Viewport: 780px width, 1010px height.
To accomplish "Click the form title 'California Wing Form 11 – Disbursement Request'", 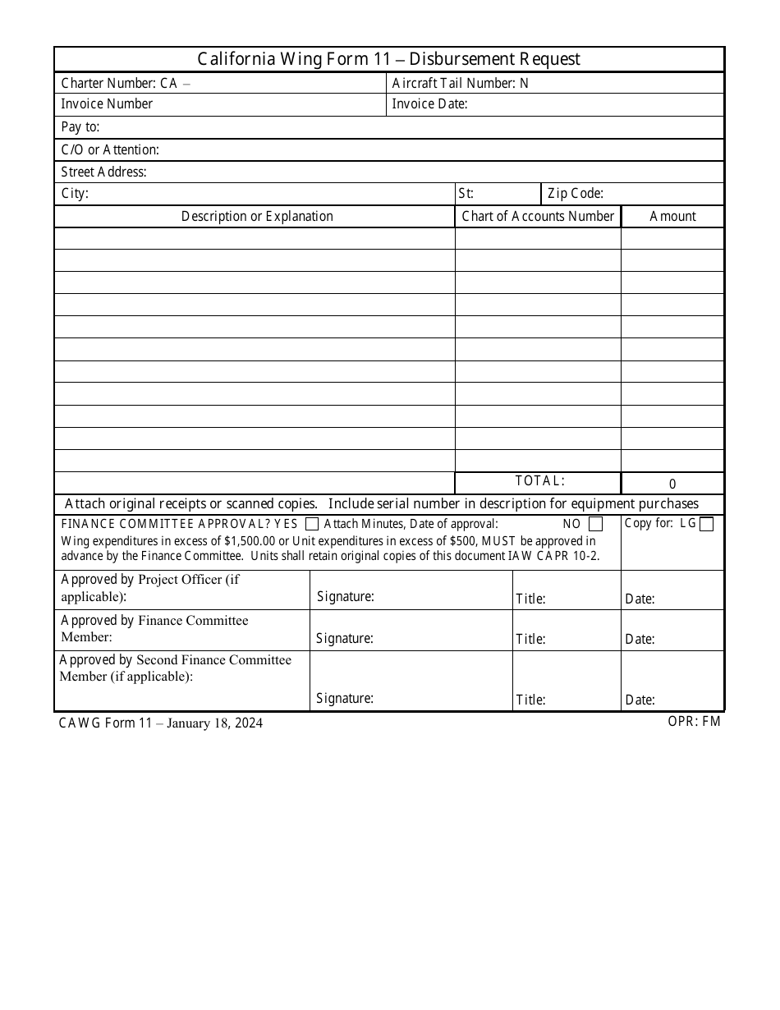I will (389, 59).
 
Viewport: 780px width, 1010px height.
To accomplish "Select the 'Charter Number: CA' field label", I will (119, 83).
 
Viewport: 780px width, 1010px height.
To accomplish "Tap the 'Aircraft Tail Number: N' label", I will (461, 83).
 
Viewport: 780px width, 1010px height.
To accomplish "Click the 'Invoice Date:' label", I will (429, 104).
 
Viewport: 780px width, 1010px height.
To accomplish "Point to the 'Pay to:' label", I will (80, 127).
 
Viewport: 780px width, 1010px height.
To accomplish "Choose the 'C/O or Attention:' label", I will (110, 149).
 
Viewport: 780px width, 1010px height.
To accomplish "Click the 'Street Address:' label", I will (103, 172).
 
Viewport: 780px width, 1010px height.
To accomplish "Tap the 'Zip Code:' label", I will (576, 194).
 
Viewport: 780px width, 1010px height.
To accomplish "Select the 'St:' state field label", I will (466, 194).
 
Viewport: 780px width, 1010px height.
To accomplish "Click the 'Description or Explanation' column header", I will (257, 216).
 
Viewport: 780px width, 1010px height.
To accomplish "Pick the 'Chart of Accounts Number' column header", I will (538, 216).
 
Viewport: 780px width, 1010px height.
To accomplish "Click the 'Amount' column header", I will (672, 216).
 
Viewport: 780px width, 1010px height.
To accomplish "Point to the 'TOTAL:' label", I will (539, 481).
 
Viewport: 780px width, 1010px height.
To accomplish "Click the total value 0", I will (672, 484).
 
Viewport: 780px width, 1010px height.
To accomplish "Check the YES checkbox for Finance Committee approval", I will (312, 524).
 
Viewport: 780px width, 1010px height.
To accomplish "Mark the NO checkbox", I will (596, 524).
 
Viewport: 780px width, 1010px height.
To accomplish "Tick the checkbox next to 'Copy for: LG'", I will (706, 524).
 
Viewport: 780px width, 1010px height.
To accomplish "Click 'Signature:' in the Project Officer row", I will (345, 597).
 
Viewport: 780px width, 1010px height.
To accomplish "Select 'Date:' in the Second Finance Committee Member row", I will (640, 700).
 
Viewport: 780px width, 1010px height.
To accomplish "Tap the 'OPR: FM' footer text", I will (694, 723).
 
